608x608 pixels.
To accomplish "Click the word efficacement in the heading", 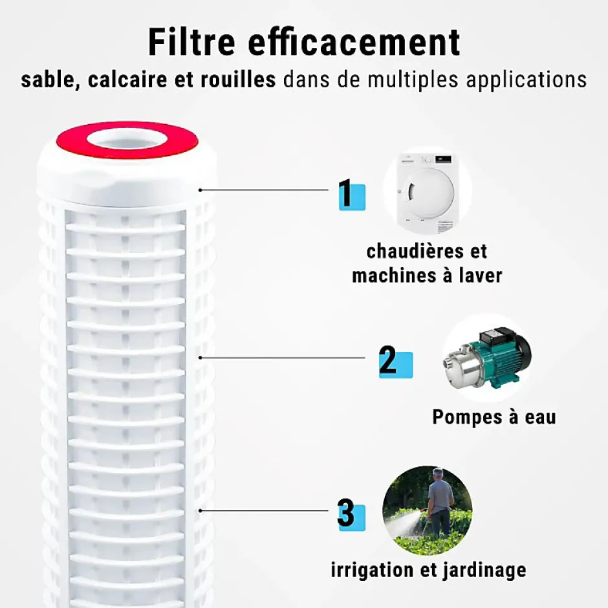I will (354, 42).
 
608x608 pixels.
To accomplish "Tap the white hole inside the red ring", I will (126, 138).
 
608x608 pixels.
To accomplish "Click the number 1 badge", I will (351, 195).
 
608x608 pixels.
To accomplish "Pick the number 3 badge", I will (350, 516).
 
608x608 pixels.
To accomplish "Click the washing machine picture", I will (428, 193).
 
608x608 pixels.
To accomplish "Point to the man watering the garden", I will (440, 499).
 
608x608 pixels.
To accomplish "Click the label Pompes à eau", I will (494, 417).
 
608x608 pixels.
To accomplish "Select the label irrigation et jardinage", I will (428, 570).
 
